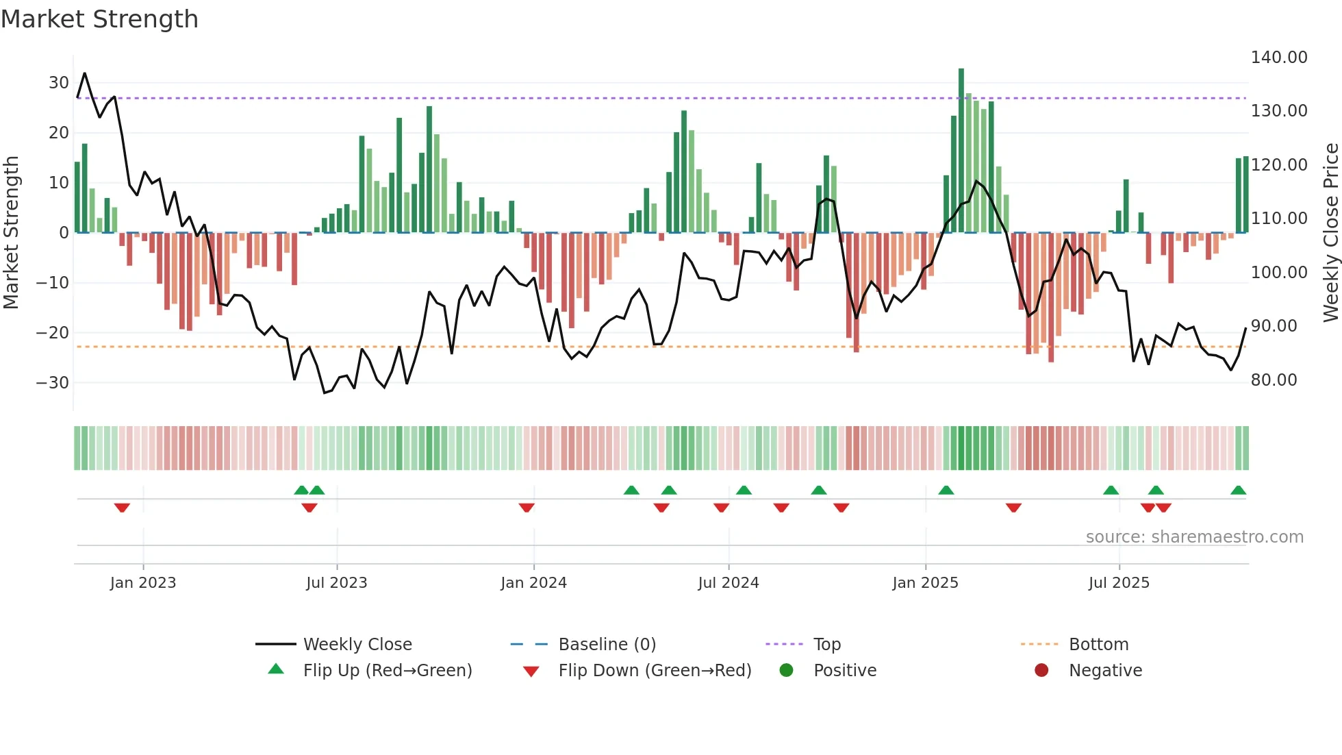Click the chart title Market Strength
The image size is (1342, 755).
[99, 19]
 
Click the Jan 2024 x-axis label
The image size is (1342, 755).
[533, 583]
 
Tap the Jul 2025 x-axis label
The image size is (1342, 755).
[1119, 583]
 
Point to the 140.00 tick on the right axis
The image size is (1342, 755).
[1278, 58]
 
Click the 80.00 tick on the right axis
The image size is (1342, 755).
[1274, 380]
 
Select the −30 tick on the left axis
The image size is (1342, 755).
[52, 383]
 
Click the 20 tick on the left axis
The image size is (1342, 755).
[58, 133]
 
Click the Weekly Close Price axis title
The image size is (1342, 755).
[1330, 233]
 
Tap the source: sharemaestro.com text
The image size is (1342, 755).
[1194, 537]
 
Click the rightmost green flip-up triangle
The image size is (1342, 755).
[1238, 491]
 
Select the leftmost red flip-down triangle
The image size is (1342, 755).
[122, 508]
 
